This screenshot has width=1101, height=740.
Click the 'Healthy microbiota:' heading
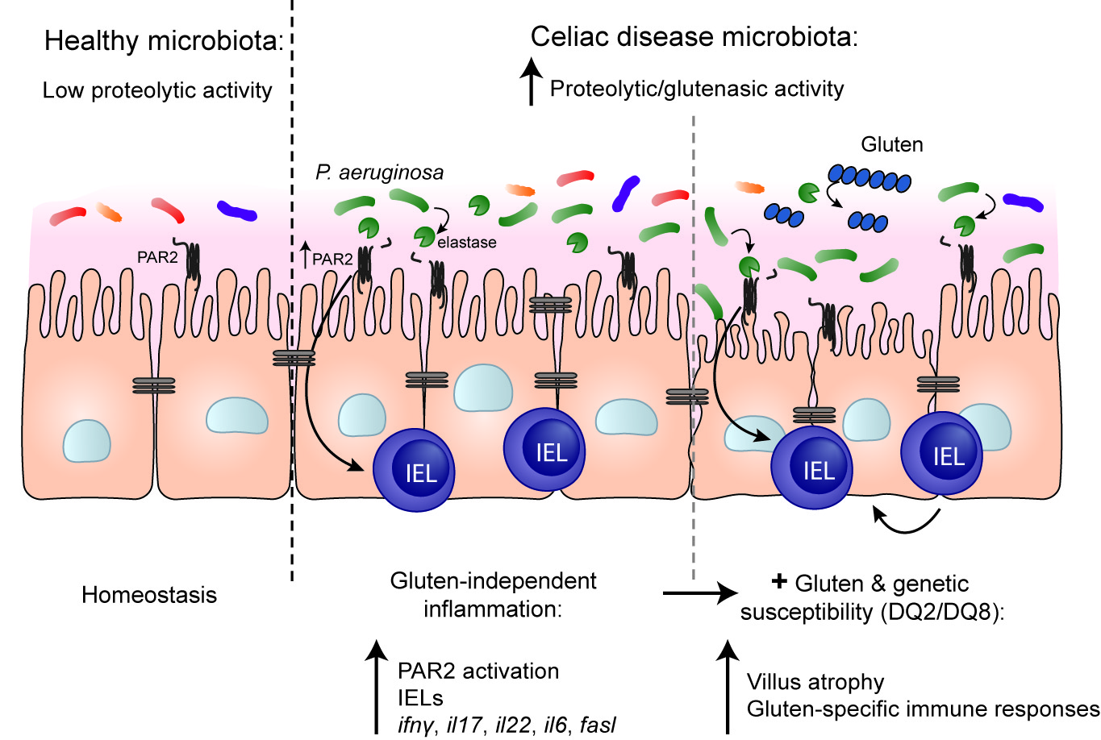tap(165, 40)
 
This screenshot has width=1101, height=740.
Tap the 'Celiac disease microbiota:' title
tap(694, 37)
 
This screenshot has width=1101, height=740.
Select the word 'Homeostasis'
tap(149, 595)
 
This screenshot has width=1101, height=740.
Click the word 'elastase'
tap(466, 243)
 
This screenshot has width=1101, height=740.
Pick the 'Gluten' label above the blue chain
tap(892, 144)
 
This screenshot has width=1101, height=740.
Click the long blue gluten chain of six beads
tap(870, 178)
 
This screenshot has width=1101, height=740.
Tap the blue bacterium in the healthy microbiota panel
tap(237, 211)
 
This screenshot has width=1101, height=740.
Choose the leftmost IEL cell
tap(414, 470)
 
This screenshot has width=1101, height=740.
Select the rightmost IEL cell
tap(941, 453)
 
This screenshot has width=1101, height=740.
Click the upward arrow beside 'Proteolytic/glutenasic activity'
tap(531, 81)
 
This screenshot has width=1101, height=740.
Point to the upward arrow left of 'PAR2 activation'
tap(377, 687)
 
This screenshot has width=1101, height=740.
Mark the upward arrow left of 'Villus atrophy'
tap(728, 687)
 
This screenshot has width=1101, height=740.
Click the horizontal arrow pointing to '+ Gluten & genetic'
tap(700, 593)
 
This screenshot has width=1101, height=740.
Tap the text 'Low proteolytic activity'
tap(157, 90)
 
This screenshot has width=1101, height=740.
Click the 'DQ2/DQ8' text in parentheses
tap(941, 613)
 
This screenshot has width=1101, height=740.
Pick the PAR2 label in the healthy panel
tap(157, 257)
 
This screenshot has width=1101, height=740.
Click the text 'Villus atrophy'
tap(815, 682)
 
